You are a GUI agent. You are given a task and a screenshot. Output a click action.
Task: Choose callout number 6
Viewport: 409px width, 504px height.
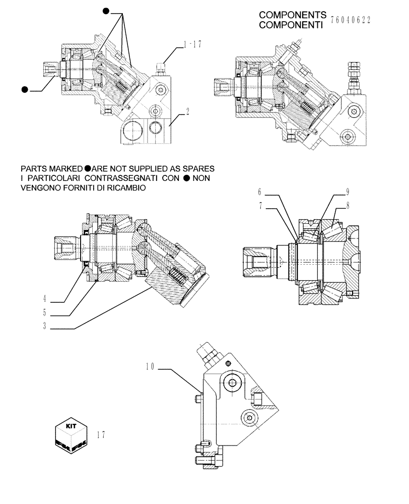click(260, 192)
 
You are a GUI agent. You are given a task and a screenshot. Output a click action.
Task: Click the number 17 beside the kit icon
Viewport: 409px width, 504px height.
click(102, 434)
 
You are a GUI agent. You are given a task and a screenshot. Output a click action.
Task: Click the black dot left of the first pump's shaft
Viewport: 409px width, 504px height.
click(24, 90)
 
